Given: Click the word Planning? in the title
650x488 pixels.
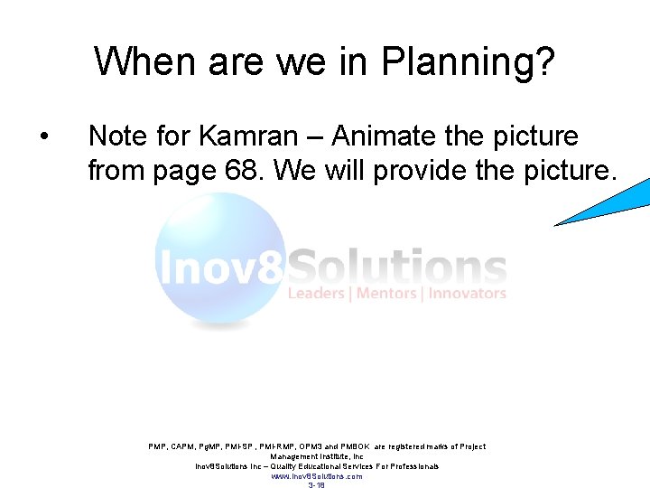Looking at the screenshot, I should pos(469,63).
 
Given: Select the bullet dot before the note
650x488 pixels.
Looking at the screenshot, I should pos(43,138).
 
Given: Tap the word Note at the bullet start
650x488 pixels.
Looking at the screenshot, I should pos(117,137).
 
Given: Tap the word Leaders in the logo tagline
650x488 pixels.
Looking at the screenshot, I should pos(316,294).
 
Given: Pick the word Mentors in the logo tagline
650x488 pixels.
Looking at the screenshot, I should pos(386,294).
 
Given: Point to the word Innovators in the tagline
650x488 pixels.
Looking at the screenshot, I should pos(467,294).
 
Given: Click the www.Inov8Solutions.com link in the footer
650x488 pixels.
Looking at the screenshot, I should pos(316,476).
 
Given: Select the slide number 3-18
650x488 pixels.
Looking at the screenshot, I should pos(316,485).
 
